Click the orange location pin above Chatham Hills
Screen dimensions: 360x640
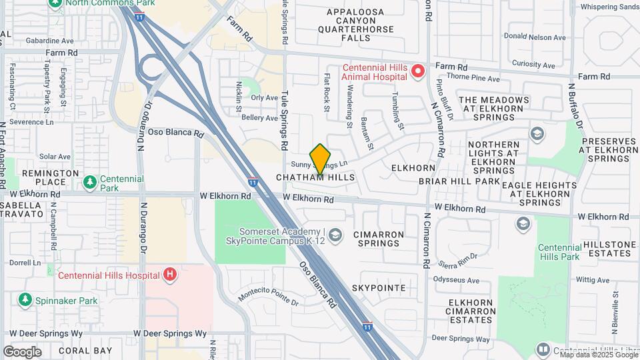pos(320,159)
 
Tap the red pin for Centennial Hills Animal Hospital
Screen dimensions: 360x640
pos(418,70)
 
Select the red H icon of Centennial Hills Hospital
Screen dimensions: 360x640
pos(171,274)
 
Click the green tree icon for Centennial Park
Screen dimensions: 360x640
pos(89,181)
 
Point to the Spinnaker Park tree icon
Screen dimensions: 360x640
pos(25,300)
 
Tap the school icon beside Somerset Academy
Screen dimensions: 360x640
pos(335,235)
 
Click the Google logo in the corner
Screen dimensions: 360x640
pos(22,351)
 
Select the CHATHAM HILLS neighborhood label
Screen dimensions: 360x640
pos(315,178)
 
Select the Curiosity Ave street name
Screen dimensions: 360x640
pos(534,65)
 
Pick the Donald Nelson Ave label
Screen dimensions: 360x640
pos(535,37)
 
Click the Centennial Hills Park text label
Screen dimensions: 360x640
pos(559,251)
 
